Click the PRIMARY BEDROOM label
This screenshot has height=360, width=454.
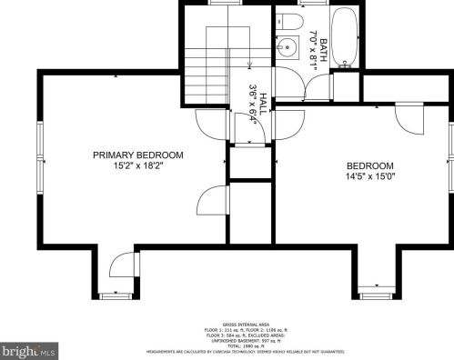(x=137, y=155)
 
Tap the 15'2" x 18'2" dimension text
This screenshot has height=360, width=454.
(x=137, y=167)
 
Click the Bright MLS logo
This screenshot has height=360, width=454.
(x=28, y=349)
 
